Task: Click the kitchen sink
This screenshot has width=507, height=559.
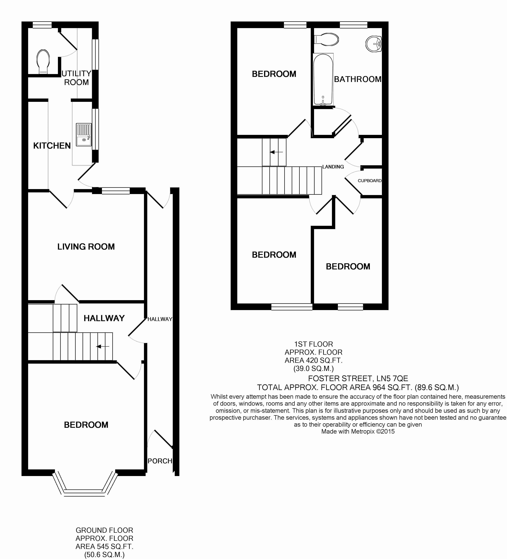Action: point(84,135)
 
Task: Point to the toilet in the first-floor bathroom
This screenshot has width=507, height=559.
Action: point(326,40)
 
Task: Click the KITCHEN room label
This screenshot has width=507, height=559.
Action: point(52,146)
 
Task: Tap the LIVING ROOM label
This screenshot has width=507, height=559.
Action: point(86,246)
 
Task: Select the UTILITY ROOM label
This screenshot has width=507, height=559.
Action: point(76,78)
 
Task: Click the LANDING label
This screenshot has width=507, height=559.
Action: point(333,167)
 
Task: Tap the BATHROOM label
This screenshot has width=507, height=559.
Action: point(358,79)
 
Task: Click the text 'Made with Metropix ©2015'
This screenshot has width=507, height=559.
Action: point(358,431)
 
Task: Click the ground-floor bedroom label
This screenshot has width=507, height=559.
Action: point(86,425)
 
